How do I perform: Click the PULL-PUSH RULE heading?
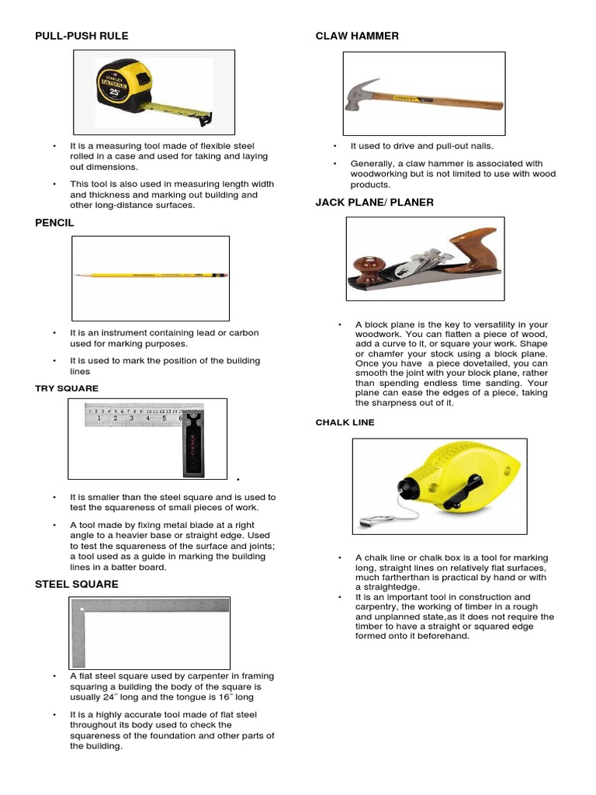(x=81, y=36)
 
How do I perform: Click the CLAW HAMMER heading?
(x=357, y=36)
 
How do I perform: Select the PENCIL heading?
(x=54, y=222)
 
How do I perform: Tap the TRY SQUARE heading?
(x=67, y=388)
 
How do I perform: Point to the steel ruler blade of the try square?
(x=132, y=415)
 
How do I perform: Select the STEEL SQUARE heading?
(x=77, y=584)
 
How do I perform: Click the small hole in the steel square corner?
(x=81, y=609)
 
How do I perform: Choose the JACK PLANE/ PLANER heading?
(x=374, y=202)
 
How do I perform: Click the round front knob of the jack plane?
(x=367, y=269)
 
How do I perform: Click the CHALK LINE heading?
(x=345, y=422)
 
